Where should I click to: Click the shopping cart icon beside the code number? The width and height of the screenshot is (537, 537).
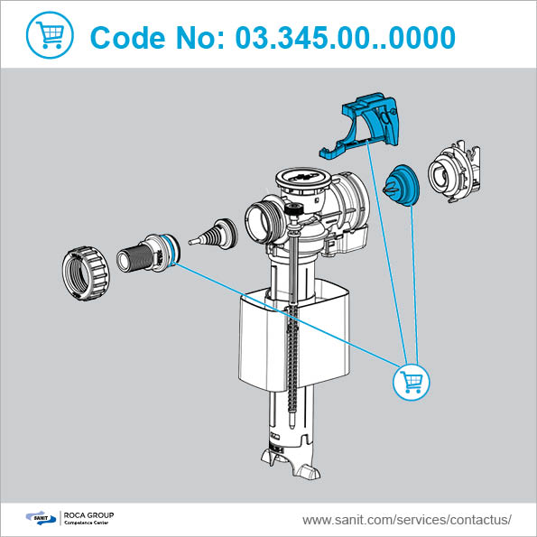[x=50, y=35]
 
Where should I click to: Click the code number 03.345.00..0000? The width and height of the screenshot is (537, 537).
[x=345, y=38]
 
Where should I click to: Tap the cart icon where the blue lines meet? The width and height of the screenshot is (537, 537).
[x=411, y=382]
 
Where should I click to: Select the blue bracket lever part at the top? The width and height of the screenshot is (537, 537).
[x=359, y=125]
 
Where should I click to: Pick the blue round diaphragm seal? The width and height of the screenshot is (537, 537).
[x=401, y=185]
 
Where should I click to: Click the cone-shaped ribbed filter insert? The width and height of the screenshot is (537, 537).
[x=214, y=234]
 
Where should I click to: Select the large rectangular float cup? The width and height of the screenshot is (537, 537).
[x=294, y=337]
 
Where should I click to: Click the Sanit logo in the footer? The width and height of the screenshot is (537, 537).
[x=41, y=518]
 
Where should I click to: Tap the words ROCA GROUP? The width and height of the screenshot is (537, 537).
[x=88, y=515]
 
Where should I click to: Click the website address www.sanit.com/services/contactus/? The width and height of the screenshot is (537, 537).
[x=407, y=520]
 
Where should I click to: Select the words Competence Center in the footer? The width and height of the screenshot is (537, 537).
[x=87, y=523]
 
